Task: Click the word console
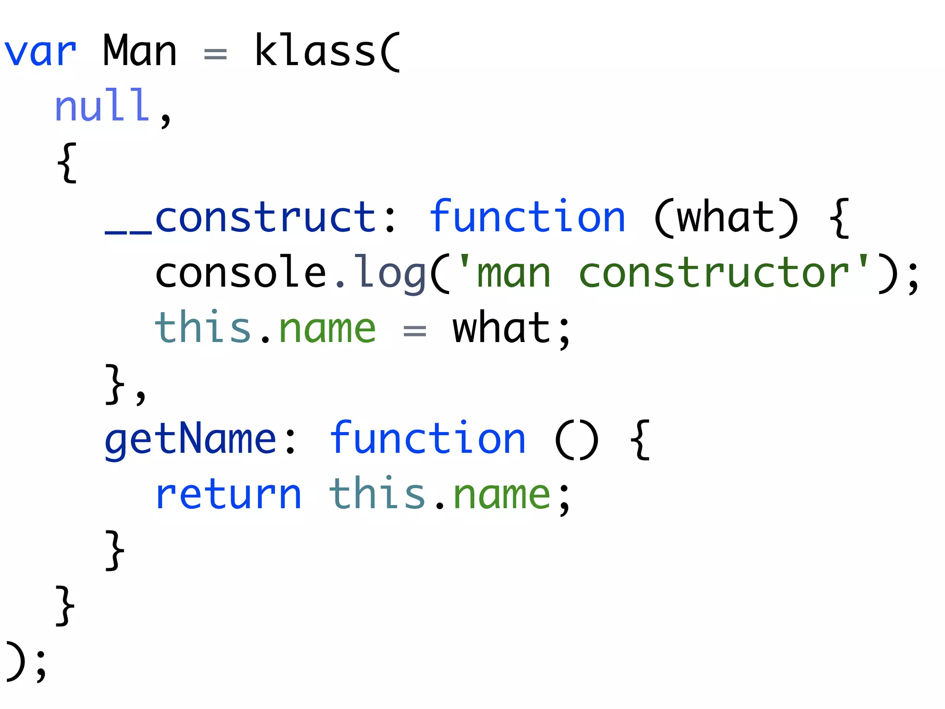tap(241, 273)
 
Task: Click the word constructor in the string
tap(714, 273)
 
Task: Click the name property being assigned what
tap(327, 329)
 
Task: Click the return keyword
tap(228, 495)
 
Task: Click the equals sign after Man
tap(215, 54)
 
